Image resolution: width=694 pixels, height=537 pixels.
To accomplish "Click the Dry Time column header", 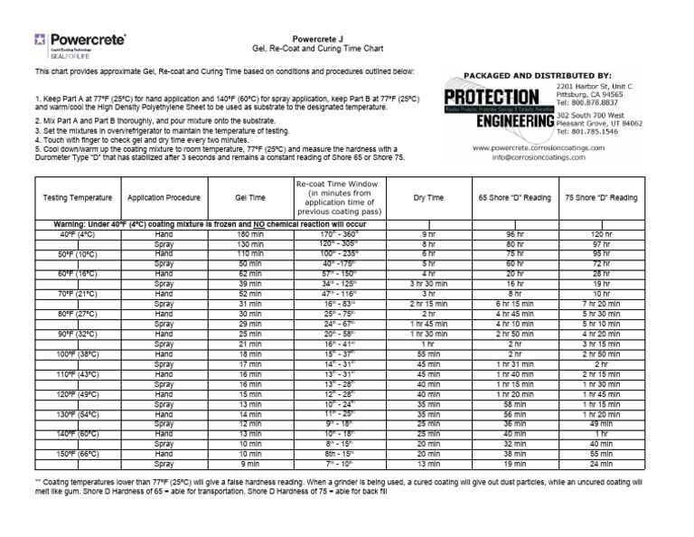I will point(428,197).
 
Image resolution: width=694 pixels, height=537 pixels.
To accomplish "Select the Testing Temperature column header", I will point(78,197).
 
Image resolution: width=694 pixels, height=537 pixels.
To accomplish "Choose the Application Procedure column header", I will point(163,197).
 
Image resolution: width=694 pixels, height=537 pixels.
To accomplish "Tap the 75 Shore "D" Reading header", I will point(601,197).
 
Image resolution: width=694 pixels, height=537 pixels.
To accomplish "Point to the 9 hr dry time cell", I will point(428,234).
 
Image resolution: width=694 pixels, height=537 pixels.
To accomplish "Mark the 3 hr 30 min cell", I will point(428,284).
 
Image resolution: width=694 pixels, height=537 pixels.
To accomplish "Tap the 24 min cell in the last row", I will point(601,463).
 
